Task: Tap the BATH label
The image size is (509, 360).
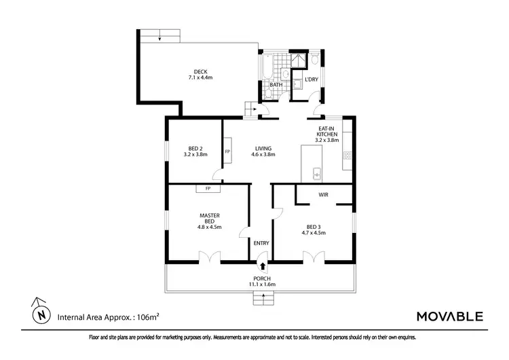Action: [x=276, y=85]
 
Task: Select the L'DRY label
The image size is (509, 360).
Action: [x=312, y=80]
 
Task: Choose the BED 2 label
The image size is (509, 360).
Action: [x=195, y=151]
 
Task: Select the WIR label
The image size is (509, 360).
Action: [x=324, y=194]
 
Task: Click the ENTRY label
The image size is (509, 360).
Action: [x=261, y=243]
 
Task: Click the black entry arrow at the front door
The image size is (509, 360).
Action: [x=262, y=259]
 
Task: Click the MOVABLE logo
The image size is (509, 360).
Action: [x=449, y=316]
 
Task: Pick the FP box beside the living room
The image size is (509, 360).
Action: [x=227, y=151]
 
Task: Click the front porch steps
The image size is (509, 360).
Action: [x=262, y=297]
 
